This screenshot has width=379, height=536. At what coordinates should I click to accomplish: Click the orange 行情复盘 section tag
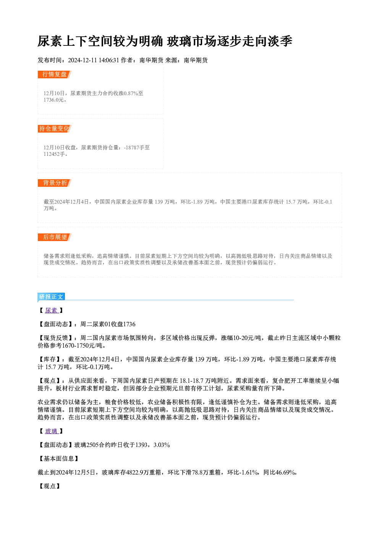(54, 74)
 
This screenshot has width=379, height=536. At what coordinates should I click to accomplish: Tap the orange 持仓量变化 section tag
(54, 129)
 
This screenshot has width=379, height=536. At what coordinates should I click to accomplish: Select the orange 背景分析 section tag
(54, 183)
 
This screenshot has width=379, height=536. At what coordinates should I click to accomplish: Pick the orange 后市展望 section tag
(54, 237)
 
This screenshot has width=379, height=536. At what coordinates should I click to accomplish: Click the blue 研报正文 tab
(51, 297)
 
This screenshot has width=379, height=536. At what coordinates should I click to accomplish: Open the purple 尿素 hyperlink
(51, 310)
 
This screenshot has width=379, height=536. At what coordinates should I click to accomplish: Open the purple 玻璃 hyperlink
(51, 431)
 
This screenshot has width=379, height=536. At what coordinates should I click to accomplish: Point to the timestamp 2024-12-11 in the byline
(82, 60)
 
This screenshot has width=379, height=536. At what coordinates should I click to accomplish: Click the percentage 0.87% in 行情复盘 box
(131, 93)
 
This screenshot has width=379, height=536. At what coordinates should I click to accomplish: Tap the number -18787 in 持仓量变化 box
(131, 147)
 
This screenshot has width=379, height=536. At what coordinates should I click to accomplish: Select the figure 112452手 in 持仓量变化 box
(54, 154)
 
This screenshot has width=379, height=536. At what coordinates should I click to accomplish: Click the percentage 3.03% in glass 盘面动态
(162, 445)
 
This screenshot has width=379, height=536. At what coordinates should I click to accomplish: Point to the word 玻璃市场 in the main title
(192, 41)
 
